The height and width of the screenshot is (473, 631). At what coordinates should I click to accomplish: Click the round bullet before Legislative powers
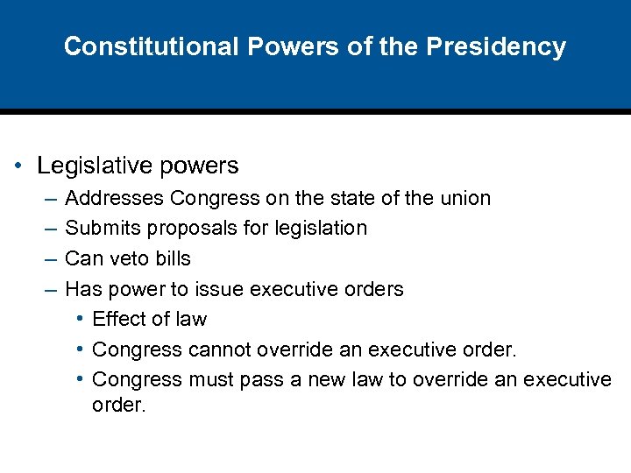click(x=18, y=166)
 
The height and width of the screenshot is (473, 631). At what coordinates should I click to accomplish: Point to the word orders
click(x=374, y=289)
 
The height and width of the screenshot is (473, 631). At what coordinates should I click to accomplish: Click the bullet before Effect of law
click(x=80, y=320)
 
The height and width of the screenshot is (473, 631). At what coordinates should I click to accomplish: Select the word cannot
click(x=222, y=350)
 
